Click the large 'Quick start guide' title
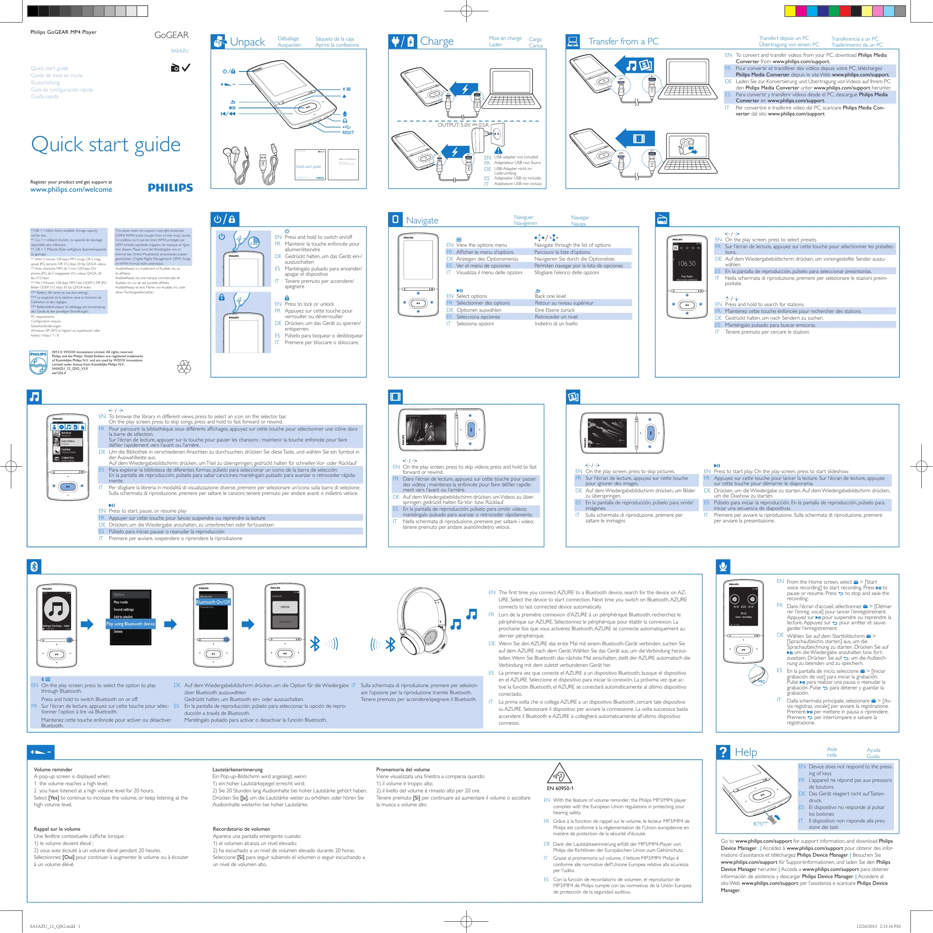106,144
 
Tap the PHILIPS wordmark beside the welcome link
170,188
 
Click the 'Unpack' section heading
247,42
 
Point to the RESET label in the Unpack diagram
348,132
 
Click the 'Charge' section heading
437,41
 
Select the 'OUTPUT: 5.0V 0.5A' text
463,125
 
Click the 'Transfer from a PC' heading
623,41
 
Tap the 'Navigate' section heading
422,221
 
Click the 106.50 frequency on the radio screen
686,264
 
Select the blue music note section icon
34,396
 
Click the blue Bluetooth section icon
34,566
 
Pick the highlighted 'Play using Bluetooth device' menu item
130,624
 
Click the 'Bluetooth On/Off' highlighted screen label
213,602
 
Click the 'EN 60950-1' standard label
560,789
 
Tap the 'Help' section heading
746,752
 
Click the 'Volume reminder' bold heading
53,770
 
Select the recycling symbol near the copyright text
184,367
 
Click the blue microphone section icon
723,566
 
